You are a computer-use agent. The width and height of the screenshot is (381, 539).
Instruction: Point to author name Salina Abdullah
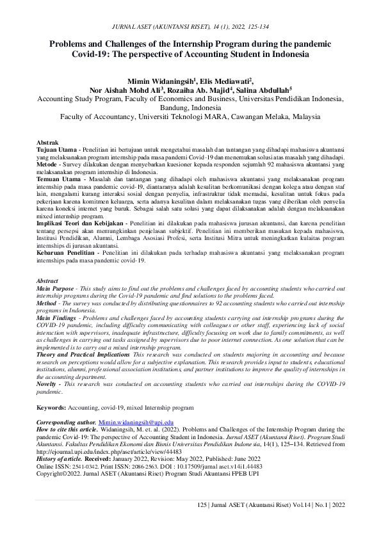point(264,90)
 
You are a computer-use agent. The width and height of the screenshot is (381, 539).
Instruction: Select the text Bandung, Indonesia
point(190,108)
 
